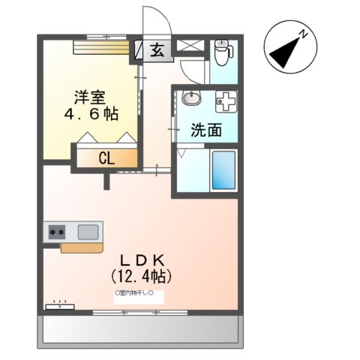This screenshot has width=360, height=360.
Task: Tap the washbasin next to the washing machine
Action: [x=191, y=98]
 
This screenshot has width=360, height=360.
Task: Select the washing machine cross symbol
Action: [x=225, y=100]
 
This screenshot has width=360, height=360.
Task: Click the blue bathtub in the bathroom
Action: [x=223, y=169]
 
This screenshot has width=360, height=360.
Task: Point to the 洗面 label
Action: [x=205, y=130]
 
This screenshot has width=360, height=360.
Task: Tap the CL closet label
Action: [x=107, y=158]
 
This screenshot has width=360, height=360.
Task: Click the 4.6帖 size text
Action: [x=91, y=114]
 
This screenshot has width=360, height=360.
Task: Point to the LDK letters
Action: [x=142, y=259]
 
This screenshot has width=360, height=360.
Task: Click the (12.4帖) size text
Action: [x=142, y=275]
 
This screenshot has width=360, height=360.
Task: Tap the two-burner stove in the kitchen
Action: [x=57, y=232]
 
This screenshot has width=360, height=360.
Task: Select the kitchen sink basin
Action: [x=88, y=231]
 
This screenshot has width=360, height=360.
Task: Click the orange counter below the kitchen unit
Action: [x=79, y=246]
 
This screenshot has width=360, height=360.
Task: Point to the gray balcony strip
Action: [x=139, y=328]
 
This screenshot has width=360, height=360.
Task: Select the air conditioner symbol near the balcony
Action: [x=59, y=305]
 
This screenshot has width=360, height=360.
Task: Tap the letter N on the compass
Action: [x=304, y=33]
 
